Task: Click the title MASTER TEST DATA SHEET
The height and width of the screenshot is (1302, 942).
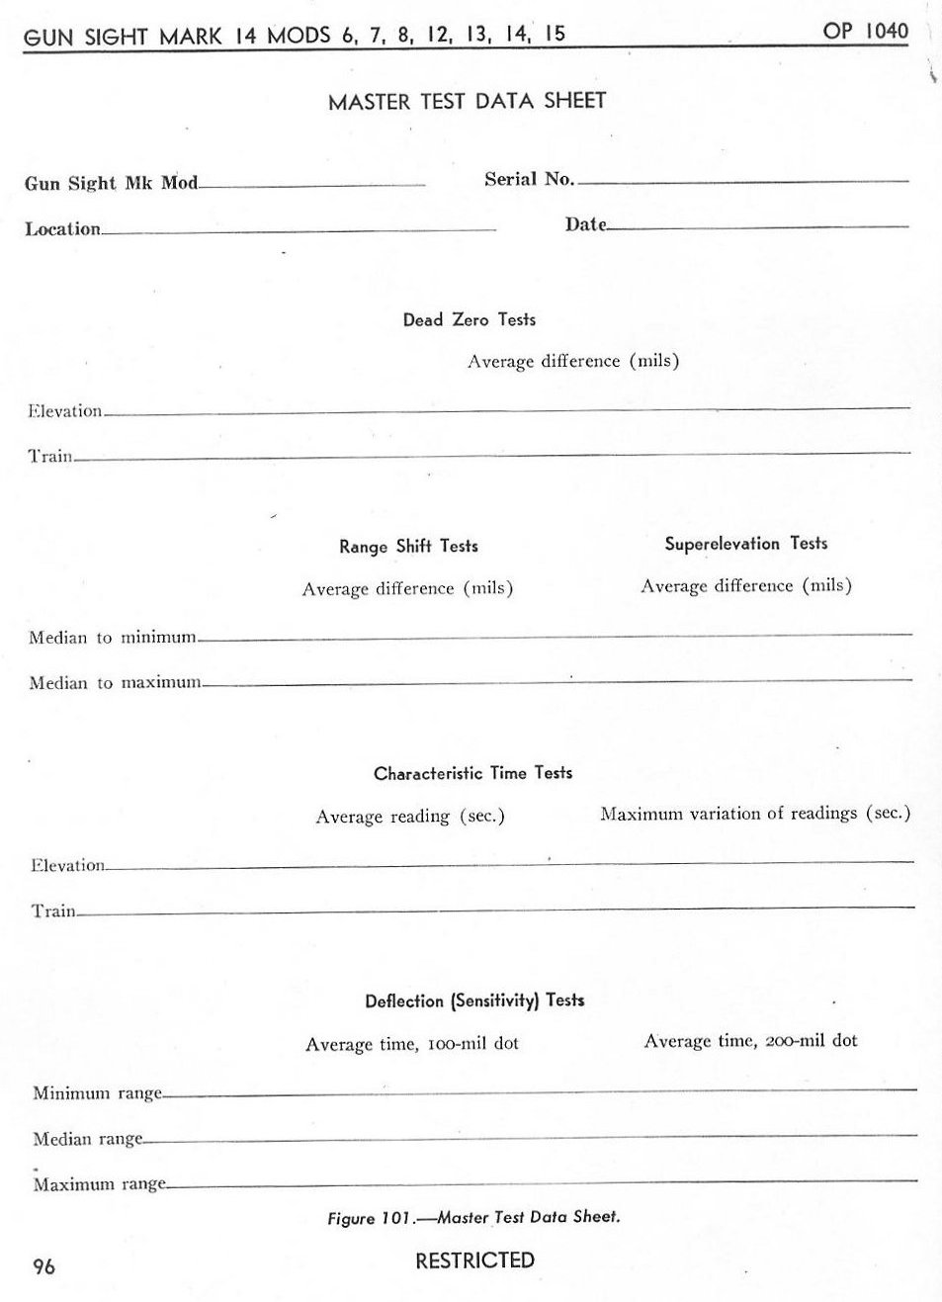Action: pyautogui.click(x=467, y=101)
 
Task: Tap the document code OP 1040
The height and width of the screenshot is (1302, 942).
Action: pyautogui.click(x=865, y=31)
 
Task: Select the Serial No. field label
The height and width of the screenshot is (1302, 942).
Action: pyautogui.click(x=529, y=179)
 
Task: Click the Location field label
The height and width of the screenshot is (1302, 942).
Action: pyautogui.click(x=62, y=229)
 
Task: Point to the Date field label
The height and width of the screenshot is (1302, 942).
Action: pyautogui.click(x=585, y=224)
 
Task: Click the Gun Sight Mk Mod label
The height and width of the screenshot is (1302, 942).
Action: pyautogui.click(x=111, y=183)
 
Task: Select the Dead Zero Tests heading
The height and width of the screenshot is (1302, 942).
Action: pyautogui.click(x=469, y=319)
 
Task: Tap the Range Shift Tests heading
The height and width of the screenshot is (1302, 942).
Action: pyautogui.click(x=408, y=546)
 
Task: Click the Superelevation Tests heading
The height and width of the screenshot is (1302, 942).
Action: pyautogui.click(x=745, y=543)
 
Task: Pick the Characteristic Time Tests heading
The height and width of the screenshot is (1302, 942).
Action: pyautogui.click(x=472, y=773)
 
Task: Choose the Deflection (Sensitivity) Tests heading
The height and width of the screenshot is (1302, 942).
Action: pyautogui.click(x=474, y=1000)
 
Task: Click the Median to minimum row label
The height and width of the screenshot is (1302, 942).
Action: pyautogui.click(x=113, y=638)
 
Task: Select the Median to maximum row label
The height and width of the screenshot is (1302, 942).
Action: pyautogui.click(x=115, y=683)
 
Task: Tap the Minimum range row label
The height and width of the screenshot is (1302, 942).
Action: pyautogui.click(x=97, y=1093)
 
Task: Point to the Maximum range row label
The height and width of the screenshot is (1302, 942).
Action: pyautogui.click(x=99, y=1184)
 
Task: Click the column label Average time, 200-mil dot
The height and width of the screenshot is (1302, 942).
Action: pyautogui.click(x=750, y=1040)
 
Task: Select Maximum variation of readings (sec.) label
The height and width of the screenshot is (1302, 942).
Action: pyautogui.click(x=754, y=813)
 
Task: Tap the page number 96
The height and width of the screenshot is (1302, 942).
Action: pyautogui.click(x=43, y=1266)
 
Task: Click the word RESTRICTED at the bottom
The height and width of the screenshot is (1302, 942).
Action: pyautogui.click(x=474, y=1260)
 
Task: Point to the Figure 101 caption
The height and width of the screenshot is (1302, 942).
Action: pyautogui.click(x=473, y=1217)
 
